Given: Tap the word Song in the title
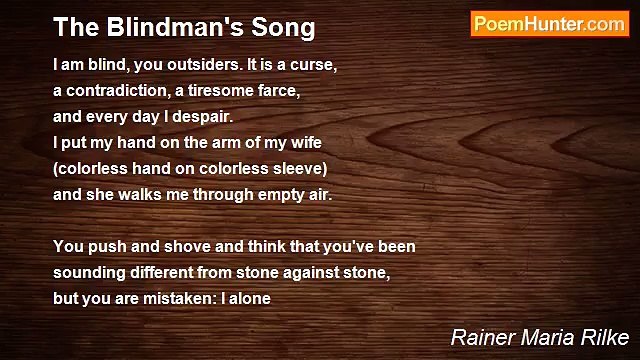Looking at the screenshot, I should [x=285, y=27].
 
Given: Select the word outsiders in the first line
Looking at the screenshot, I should [x=188, y=64].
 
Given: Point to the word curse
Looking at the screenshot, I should [x=314, y=64].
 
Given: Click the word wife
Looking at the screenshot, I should [x=305, y=142].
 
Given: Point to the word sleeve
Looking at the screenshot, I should [x=297, y=168].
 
